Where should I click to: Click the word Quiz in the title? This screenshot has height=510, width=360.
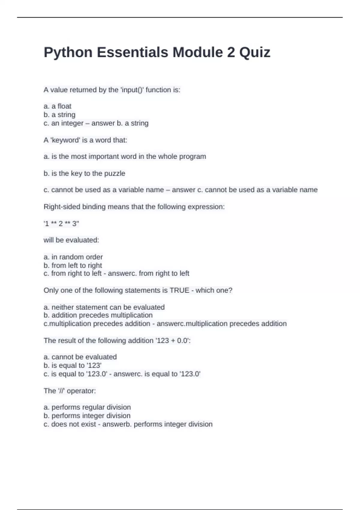255,52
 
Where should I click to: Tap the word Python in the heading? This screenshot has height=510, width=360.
68,52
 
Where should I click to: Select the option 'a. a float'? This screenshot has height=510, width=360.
58,106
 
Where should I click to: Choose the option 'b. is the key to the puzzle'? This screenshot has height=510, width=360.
84,173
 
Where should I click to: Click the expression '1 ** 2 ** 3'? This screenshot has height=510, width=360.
61,223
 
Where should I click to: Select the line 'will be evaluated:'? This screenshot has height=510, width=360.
71,240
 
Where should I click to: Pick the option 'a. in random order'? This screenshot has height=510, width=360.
73,257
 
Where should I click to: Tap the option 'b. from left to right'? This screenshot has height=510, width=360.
73,265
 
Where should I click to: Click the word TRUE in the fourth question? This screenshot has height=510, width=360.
179,290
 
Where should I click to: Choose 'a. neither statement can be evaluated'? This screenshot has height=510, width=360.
104,307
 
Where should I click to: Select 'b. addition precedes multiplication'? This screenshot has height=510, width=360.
98,315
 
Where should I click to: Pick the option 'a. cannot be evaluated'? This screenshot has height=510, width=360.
80,357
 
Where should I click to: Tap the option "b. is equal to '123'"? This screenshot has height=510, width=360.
73,365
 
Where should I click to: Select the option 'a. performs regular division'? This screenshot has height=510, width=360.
87,407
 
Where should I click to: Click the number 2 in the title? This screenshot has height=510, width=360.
231,52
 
